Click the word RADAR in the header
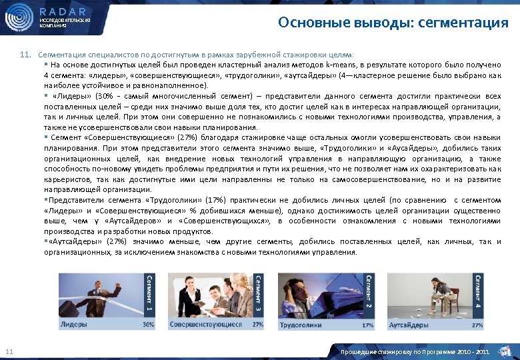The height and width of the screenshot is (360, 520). click(x=64, y=11)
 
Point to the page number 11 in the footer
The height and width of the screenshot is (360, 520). click(x=9, y=351)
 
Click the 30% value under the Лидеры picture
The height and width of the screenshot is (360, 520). click(x=148, y=325)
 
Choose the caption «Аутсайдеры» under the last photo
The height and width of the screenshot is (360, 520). click(x=409, y=325)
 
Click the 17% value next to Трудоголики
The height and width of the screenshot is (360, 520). click(x=367, y=326)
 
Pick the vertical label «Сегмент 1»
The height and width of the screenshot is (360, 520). click(x=149, y=293)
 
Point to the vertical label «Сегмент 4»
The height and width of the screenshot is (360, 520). click(x=477, y=293)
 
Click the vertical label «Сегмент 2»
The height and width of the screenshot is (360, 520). click(x=367, y=293)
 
